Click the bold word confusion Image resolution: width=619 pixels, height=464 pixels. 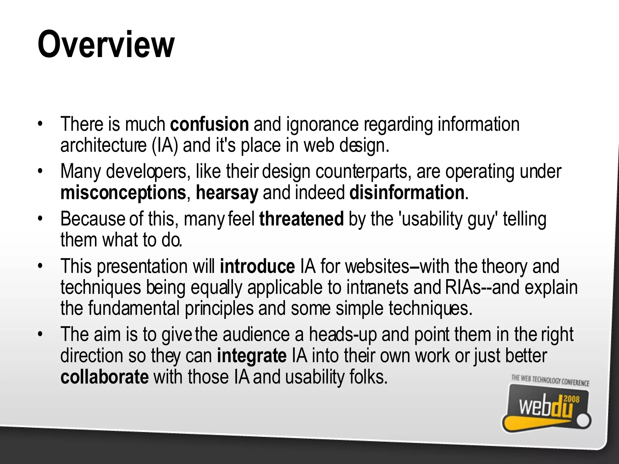coord(209,124)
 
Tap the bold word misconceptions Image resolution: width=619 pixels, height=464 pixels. coord(123,193)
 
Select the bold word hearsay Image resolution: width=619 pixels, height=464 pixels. coord(227,193)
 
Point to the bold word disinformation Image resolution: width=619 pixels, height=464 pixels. coord(407,193)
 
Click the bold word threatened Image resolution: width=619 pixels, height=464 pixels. coord(301,219)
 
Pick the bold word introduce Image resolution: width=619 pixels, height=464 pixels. coord(257,266)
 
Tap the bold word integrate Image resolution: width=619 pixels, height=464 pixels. coord(252,356)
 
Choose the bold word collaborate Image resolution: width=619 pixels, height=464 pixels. coord(105,377)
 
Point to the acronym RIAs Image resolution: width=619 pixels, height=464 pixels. coord(463,287)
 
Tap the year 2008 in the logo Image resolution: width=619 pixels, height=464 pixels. coord(571,400)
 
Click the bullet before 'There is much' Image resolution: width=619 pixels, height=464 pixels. coord(39,124)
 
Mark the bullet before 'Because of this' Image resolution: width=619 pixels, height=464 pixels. coord(39,219)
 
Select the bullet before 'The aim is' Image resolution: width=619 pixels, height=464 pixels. coord(39,334)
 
